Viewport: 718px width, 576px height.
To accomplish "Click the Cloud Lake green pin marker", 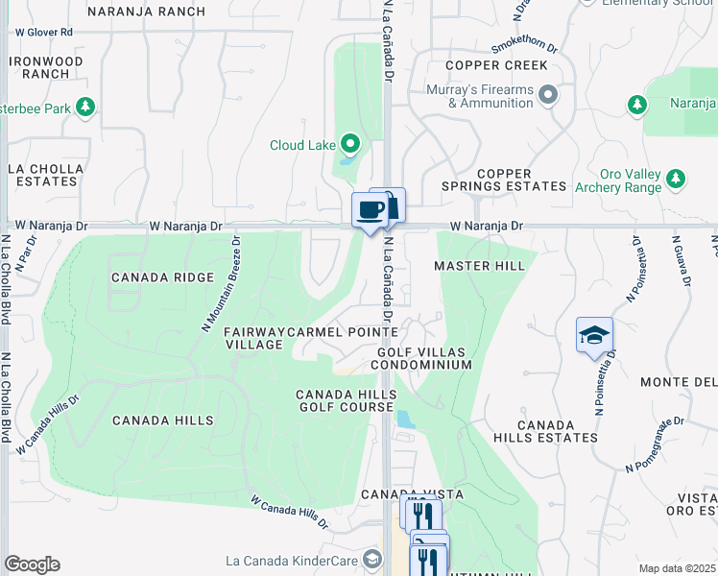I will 350,146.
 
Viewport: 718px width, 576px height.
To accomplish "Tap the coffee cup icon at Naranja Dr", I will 370,210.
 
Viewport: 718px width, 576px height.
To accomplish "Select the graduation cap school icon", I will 594,335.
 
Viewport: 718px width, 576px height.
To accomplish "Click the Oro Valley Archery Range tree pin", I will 677,180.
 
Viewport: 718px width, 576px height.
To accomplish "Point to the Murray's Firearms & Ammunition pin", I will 548,95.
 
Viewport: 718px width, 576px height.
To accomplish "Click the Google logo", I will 32,564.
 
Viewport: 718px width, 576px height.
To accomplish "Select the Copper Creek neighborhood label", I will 496,65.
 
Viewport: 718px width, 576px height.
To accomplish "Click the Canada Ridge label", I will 162,277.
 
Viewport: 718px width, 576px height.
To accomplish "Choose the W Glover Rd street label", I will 44,32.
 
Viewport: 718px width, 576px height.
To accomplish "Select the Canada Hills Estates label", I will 558,431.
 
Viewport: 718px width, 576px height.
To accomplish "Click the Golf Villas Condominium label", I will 422,359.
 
